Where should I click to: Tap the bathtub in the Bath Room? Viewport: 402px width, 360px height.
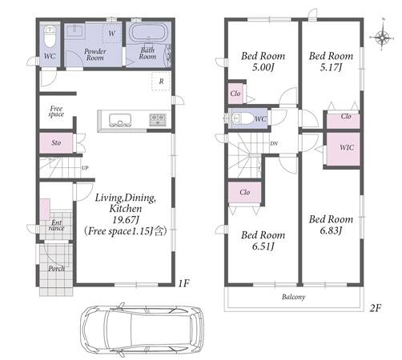(x=147, y=33)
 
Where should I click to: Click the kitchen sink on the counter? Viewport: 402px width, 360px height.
(x=120, y=120)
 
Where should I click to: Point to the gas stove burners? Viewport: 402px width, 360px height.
(x=158, y=119)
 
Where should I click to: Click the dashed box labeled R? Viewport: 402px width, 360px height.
(x=161, y=81)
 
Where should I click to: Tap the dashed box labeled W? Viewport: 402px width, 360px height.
(x=112, y=33)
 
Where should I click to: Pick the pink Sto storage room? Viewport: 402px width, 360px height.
(x=56, y=143)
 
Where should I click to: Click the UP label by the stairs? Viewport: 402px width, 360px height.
(x=85, y=168)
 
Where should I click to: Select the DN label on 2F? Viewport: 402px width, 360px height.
(x=274, y=143)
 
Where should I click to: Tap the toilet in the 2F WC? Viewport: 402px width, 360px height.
(x=243, y=118)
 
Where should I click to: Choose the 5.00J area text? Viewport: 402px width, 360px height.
(x=263, y=67)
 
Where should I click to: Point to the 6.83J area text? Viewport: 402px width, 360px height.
(x=331, y=230)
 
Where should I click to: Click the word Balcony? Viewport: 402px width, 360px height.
(x=293, y=297)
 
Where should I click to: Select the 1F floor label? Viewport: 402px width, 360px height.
(x=183, y=283)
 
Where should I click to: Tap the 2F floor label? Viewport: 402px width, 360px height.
(x=375, y=308)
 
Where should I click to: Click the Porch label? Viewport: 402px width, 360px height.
(x=56, y=268)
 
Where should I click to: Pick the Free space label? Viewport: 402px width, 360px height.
(x=56, y=111)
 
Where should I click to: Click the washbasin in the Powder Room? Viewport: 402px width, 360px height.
(x=75, y=32)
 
